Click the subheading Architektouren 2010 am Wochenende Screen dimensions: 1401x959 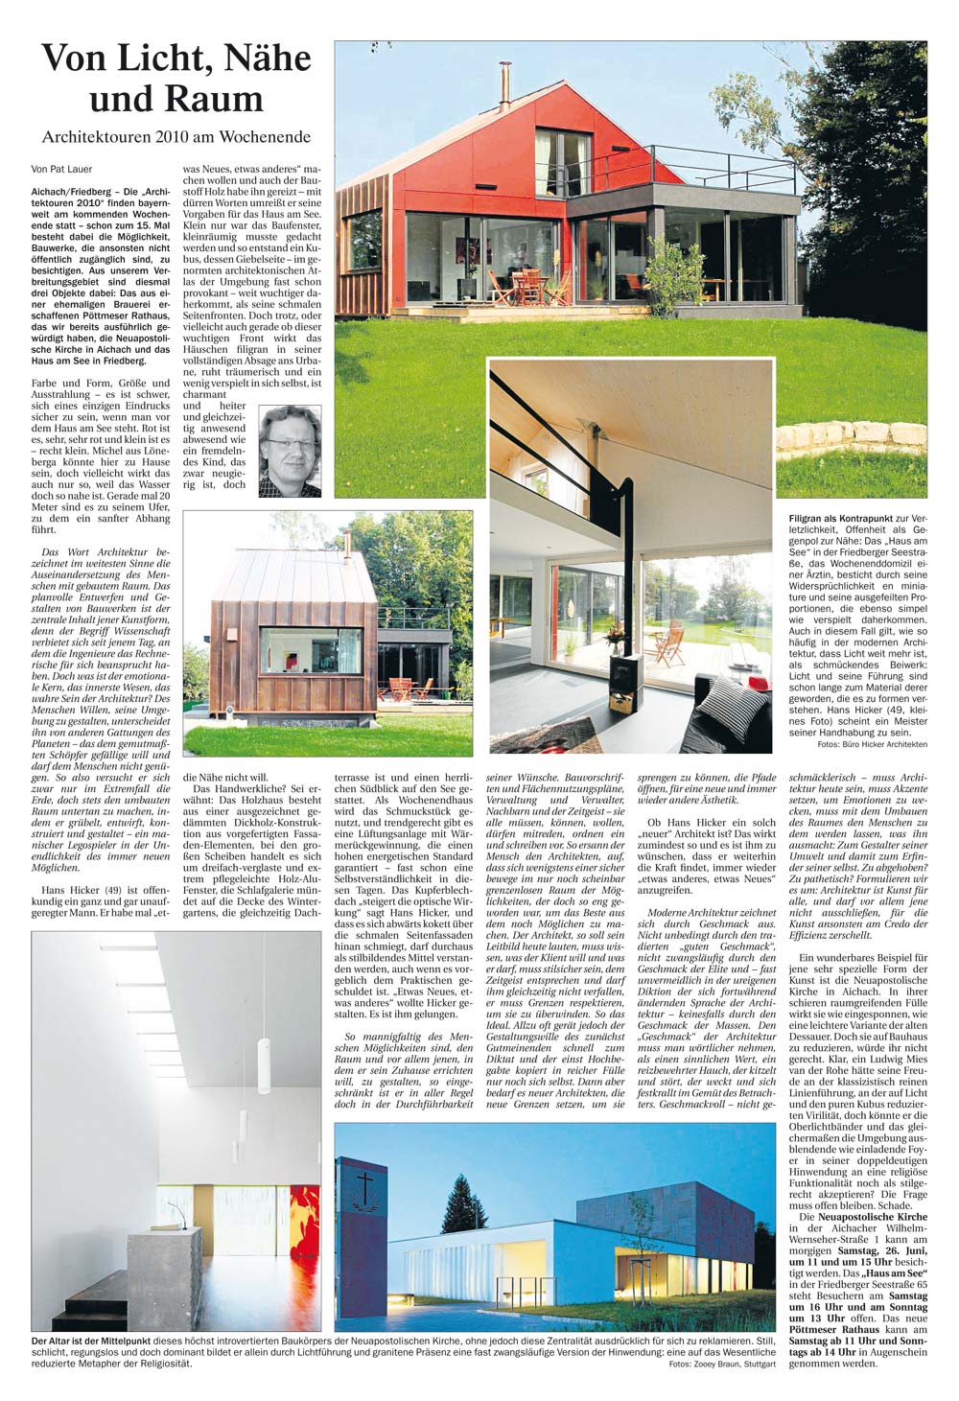176,137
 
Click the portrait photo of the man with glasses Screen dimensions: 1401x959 290,451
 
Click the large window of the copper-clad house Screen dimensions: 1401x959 309,650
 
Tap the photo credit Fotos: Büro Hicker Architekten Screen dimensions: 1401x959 872,744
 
